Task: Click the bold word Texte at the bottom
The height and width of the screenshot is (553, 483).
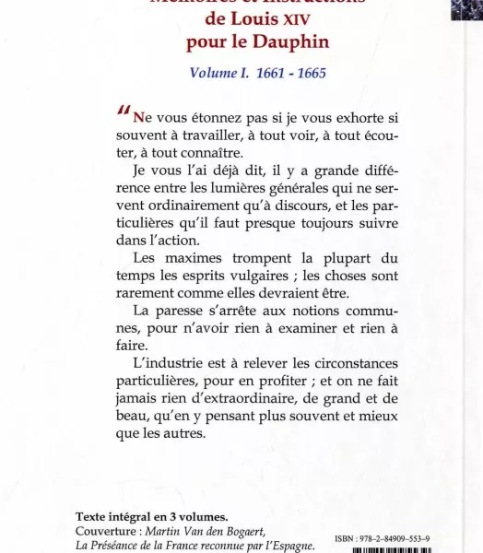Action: [x=96, y=516]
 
